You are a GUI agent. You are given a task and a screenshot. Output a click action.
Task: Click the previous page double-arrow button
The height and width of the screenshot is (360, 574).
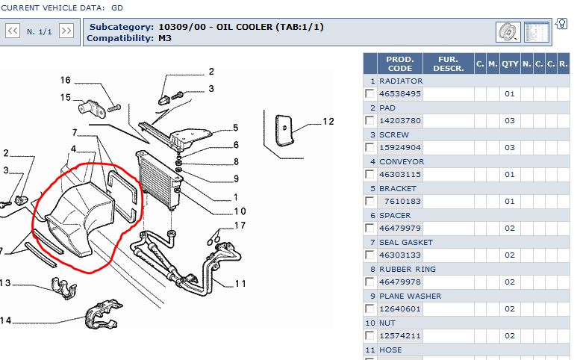[x=13, y=31]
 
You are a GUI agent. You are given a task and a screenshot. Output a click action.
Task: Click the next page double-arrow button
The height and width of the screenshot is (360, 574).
[x=66, y=31]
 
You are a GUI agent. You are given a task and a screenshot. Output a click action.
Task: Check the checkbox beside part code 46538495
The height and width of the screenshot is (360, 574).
[x=369, y=94]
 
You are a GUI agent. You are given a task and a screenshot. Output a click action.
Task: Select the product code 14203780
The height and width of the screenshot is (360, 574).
[x=400, y=121]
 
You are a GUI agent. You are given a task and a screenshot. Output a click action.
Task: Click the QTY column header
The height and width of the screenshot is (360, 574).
[x=510, y=64]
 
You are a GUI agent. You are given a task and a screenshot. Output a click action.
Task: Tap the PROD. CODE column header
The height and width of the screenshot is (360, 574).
[x=400, y=63]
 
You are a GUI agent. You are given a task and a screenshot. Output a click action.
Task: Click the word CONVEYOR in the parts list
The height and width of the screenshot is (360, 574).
[x=402, y=161]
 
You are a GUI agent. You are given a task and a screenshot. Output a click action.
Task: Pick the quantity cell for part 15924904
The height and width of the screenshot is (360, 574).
[x=510, y=148]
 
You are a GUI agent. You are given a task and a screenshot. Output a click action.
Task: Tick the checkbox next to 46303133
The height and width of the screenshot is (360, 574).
[x=369, y=255]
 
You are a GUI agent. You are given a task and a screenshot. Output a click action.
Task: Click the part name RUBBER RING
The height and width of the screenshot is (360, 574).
[x=408, y=269]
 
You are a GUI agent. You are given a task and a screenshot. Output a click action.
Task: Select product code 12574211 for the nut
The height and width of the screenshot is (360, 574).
[x=400, y=336]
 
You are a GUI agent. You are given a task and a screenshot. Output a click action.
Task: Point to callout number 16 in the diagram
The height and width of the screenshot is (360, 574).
[x=65, y=81]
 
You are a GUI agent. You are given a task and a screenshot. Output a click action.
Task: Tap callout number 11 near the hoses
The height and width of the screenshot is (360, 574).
[x=240, y=283]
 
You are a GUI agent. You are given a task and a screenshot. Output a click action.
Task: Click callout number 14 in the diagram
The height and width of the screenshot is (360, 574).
[x=6, y=321]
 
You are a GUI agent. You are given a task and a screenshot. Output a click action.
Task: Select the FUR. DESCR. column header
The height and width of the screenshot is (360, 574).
[x=448, y=63]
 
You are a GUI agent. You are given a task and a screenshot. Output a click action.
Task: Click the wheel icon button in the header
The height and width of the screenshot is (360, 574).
[x=508, y=32]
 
